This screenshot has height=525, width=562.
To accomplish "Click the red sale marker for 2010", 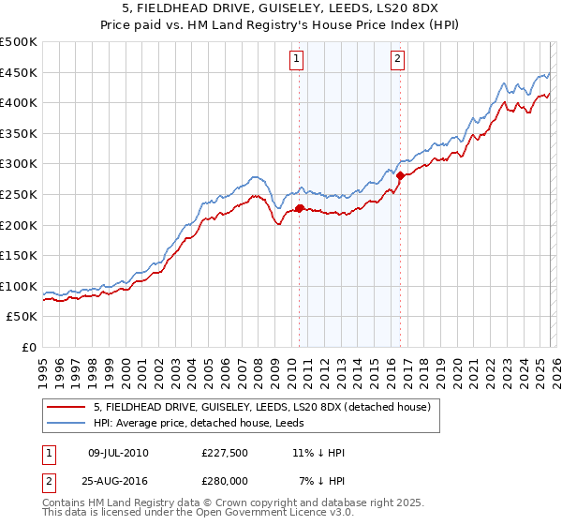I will [300, 208].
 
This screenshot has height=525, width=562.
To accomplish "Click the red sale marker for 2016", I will [401, 175].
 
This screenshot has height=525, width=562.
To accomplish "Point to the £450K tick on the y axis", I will [19, 72].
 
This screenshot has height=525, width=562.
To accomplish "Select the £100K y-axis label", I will [19, 286].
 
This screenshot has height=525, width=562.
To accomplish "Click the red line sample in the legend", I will [67, 407].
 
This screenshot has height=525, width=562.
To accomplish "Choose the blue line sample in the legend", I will [67, 423].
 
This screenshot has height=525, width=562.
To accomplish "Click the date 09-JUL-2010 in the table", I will [118, 454].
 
